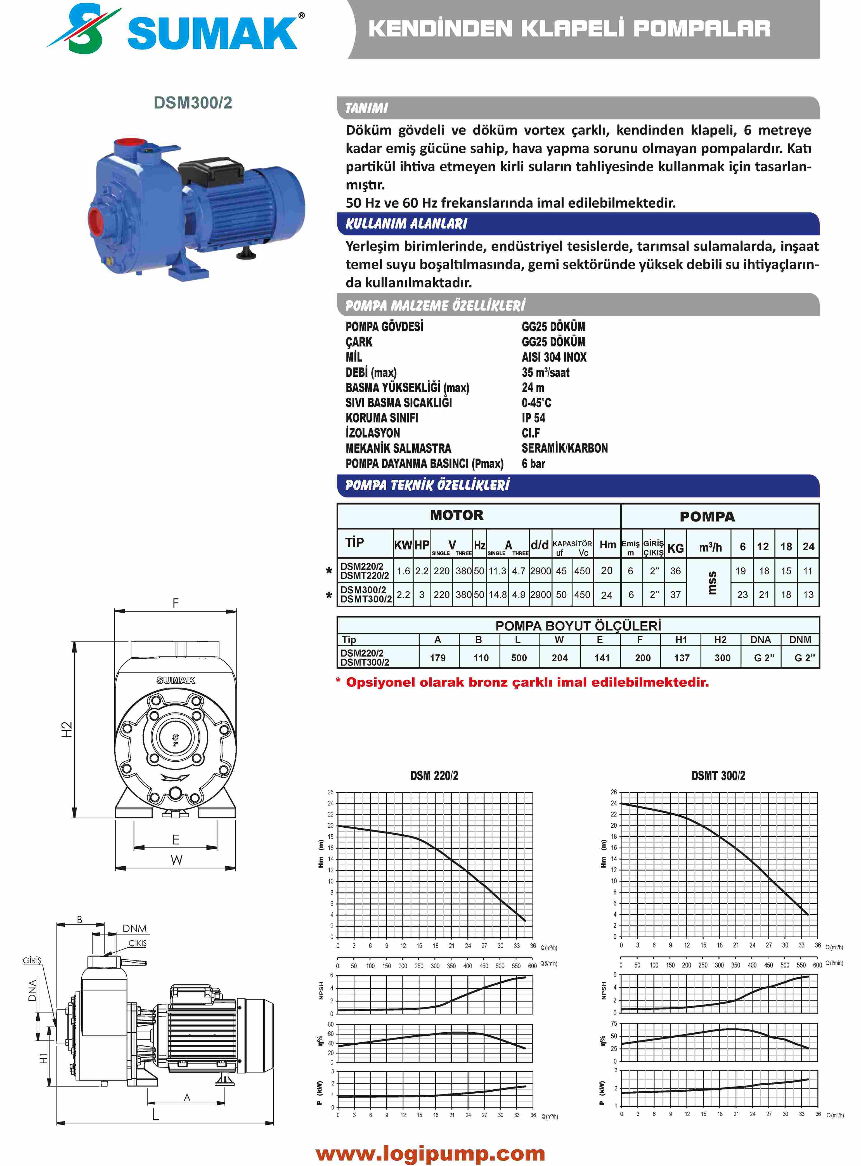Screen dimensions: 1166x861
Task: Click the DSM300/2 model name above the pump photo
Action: [193, 103]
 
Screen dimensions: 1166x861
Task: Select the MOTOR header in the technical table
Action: [456, 516]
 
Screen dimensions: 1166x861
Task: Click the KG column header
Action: [675, 548]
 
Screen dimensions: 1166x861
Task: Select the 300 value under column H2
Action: [722, 658]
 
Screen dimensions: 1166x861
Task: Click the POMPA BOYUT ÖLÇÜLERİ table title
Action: [578, 626]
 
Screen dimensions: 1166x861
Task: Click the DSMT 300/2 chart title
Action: [718, 776]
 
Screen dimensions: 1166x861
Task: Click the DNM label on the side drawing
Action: [134, 928]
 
